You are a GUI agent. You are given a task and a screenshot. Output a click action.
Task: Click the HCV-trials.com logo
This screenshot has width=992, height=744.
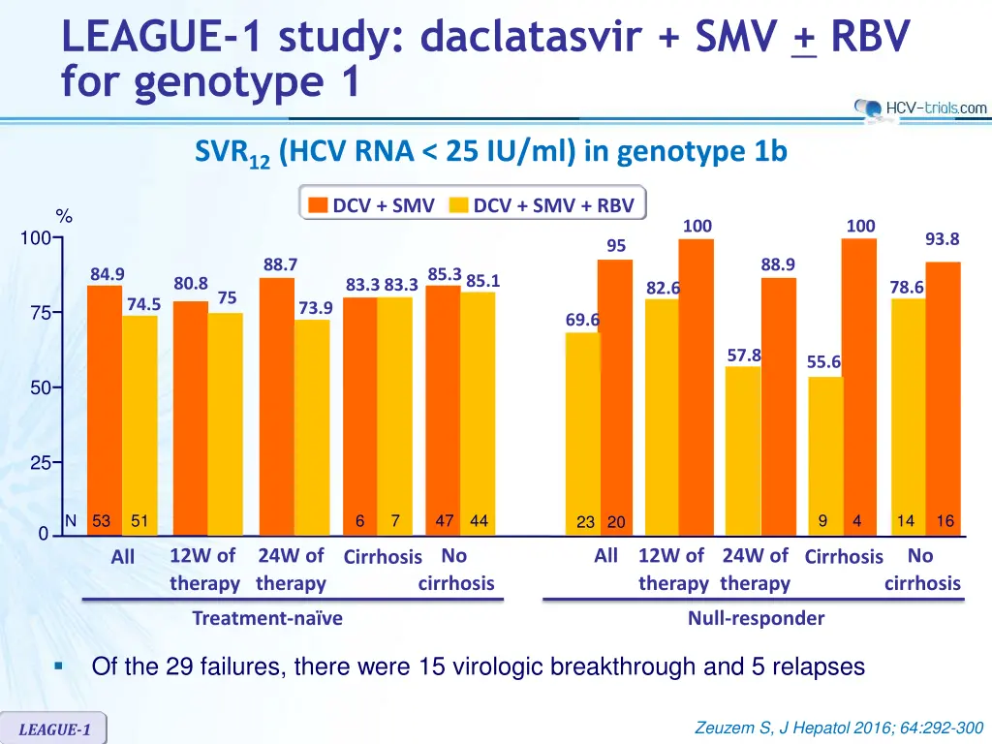920,108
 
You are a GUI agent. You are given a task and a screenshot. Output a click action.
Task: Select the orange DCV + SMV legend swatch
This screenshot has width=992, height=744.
319,205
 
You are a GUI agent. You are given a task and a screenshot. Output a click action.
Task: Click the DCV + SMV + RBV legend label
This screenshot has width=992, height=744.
553,205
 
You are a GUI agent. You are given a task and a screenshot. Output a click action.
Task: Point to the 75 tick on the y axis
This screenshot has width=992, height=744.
42,313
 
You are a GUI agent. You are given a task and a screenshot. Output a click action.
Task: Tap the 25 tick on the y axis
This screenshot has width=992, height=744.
42,463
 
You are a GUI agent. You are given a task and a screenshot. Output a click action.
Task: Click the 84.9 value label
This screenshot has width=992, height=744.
107,274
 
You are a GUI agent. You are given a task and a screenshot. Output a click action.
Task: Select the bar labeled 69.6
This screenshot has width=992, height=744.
582,431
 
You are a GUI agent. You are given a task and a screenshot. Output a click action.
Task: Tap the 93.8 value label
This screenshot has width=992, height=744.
942,239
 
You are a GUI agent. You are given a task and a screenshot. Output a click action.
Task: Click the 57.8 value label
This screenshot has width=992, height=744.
744,356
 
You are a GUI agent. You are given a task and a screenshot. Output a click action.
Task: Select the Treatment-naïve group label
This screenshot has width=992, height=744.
267,618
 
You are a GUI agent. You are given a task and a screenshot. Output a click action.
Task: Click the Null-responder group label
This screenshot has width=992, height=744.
756,618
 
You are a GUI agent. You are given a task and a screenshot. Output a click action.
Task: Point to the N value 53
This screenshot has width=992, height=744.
101,521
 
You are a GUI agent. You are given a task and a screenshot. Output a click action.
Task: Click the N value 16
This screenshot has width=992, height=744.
945,521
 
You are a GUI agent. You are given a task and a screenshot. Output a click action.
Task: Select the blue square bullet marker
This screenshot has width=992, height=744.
59,666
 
